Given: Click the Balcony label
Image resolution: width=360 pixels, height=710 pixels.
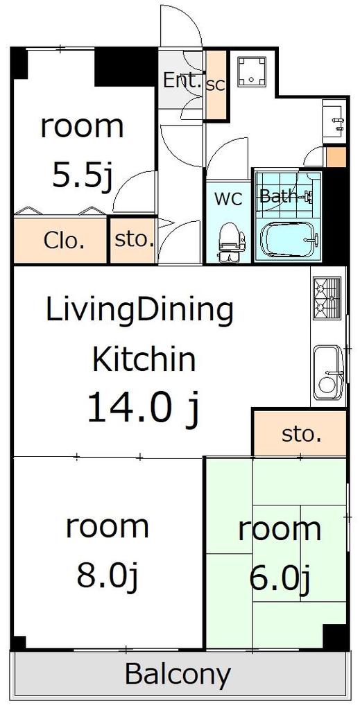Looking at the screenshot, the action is [178, 674].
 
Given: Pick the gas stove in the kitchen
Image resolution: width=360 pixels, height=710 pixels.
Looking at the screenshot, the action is [327, 299].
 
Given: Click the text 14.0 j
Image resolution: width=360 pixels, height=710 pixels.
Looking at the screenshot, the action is [143, 408].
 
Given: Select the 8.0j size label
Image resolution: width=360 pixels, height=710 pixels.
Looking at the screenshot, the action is [107, 575].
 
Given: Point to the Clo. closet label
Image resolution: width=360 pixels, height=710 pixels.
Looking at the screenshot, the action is [64, 241].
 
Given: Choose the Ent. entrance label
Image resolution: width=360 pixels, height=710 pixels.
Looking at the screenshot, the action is [182, 81].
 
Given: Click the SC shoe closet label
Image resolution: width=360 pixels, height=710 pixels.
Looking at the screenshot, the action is [216, 85].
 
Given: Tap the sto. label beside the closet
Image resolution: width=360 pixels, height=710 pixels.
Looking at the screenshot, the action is [133, 239].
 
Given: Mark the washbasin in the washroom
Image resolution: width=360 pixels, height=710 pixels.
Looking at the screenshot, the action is [334, 119].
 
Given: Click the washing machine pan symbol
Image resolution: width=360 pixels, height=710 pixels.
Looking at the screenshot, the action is [252, 71].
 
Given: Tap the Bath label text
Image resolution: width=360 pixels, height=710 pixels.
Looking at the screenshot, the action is [277, 196].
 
